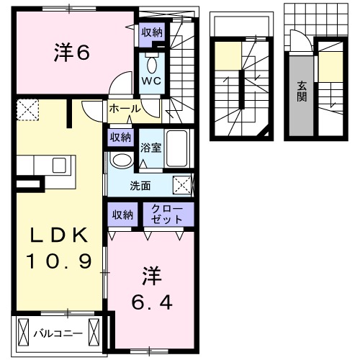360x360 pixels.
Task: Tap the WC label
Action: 150,81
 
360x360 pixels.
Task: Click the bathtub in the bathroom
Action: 176,150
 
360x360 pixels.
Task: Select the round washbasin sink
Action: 122,160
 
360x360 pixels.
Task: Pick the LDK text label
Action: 60,235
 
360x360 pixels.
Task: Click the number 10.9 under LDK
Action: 60,261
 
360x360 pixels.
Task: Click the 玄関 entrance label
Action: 301,90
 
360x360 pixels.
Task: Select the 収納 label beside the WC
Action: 152,32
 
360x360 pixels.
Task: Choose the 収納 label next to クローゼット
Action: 122,214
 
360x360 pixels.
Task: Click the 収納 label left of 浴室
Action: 120,138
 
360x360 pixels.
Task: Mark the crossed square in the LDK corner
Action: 29,109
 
